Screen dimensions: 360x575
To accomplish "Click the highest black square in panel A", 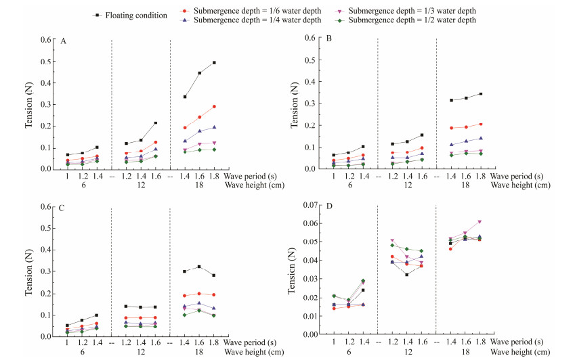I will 214,63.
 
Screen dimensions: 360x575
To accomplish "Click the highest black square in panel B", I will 480,94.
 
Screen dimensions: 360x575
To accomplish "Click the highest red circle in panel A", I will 214,106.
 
